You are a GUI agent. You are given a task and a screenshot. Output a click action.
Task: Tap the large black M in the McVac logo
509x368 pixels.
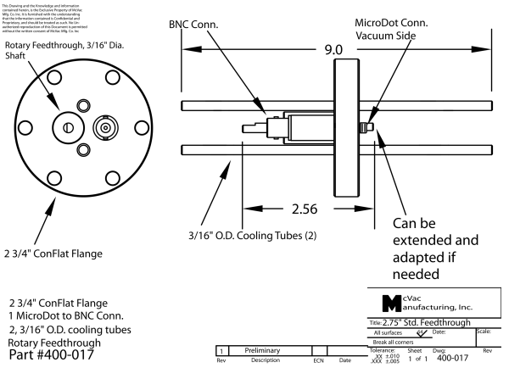point(387,304)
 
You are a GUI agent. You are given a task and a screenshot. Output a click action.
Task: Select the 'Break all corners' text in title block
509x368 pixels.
point(399,342)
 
